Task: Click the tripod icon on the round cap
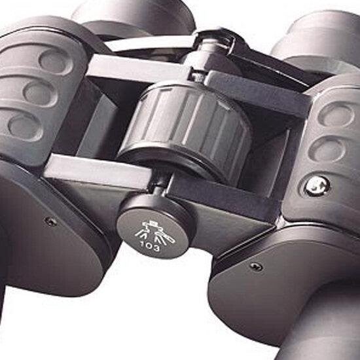[154, 232]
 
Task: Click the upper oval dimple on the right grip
[336, 114]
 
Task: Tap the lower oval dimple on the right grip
[327, 149]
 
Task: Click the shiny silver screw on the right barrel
[317, 185]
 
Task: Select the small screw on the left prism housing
[51, 221]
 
